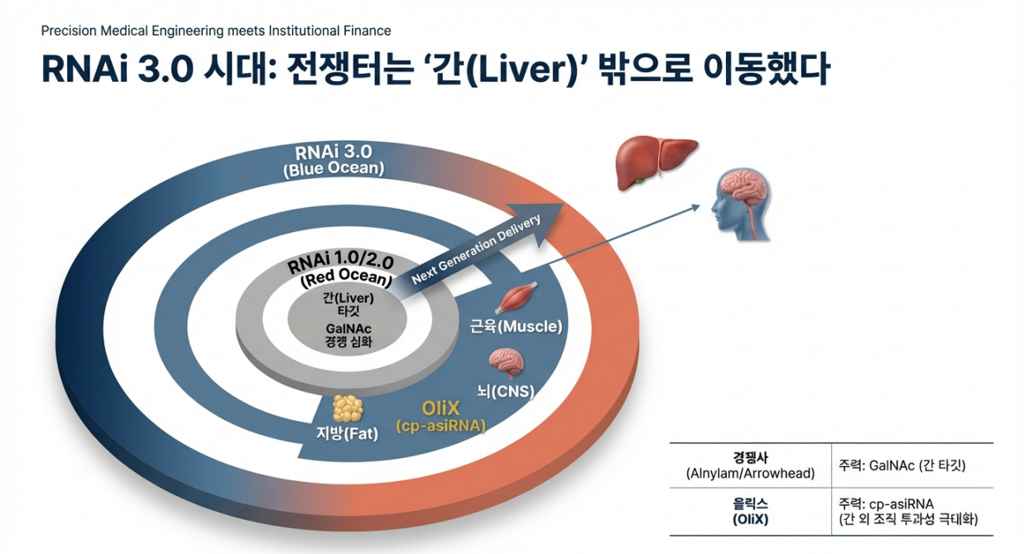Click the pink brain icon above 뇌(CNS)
click(504, 363)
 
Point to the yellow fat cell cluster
click(347, 408)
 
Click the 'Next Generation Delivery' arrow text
click(475, 250)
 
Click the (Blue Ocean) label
click(334, 169)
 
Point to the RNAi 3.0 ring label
click(334, 152)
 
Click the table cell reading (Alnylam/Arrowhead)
click(750, 474)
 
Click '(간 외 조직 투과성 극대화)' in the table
click(908, 519)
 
